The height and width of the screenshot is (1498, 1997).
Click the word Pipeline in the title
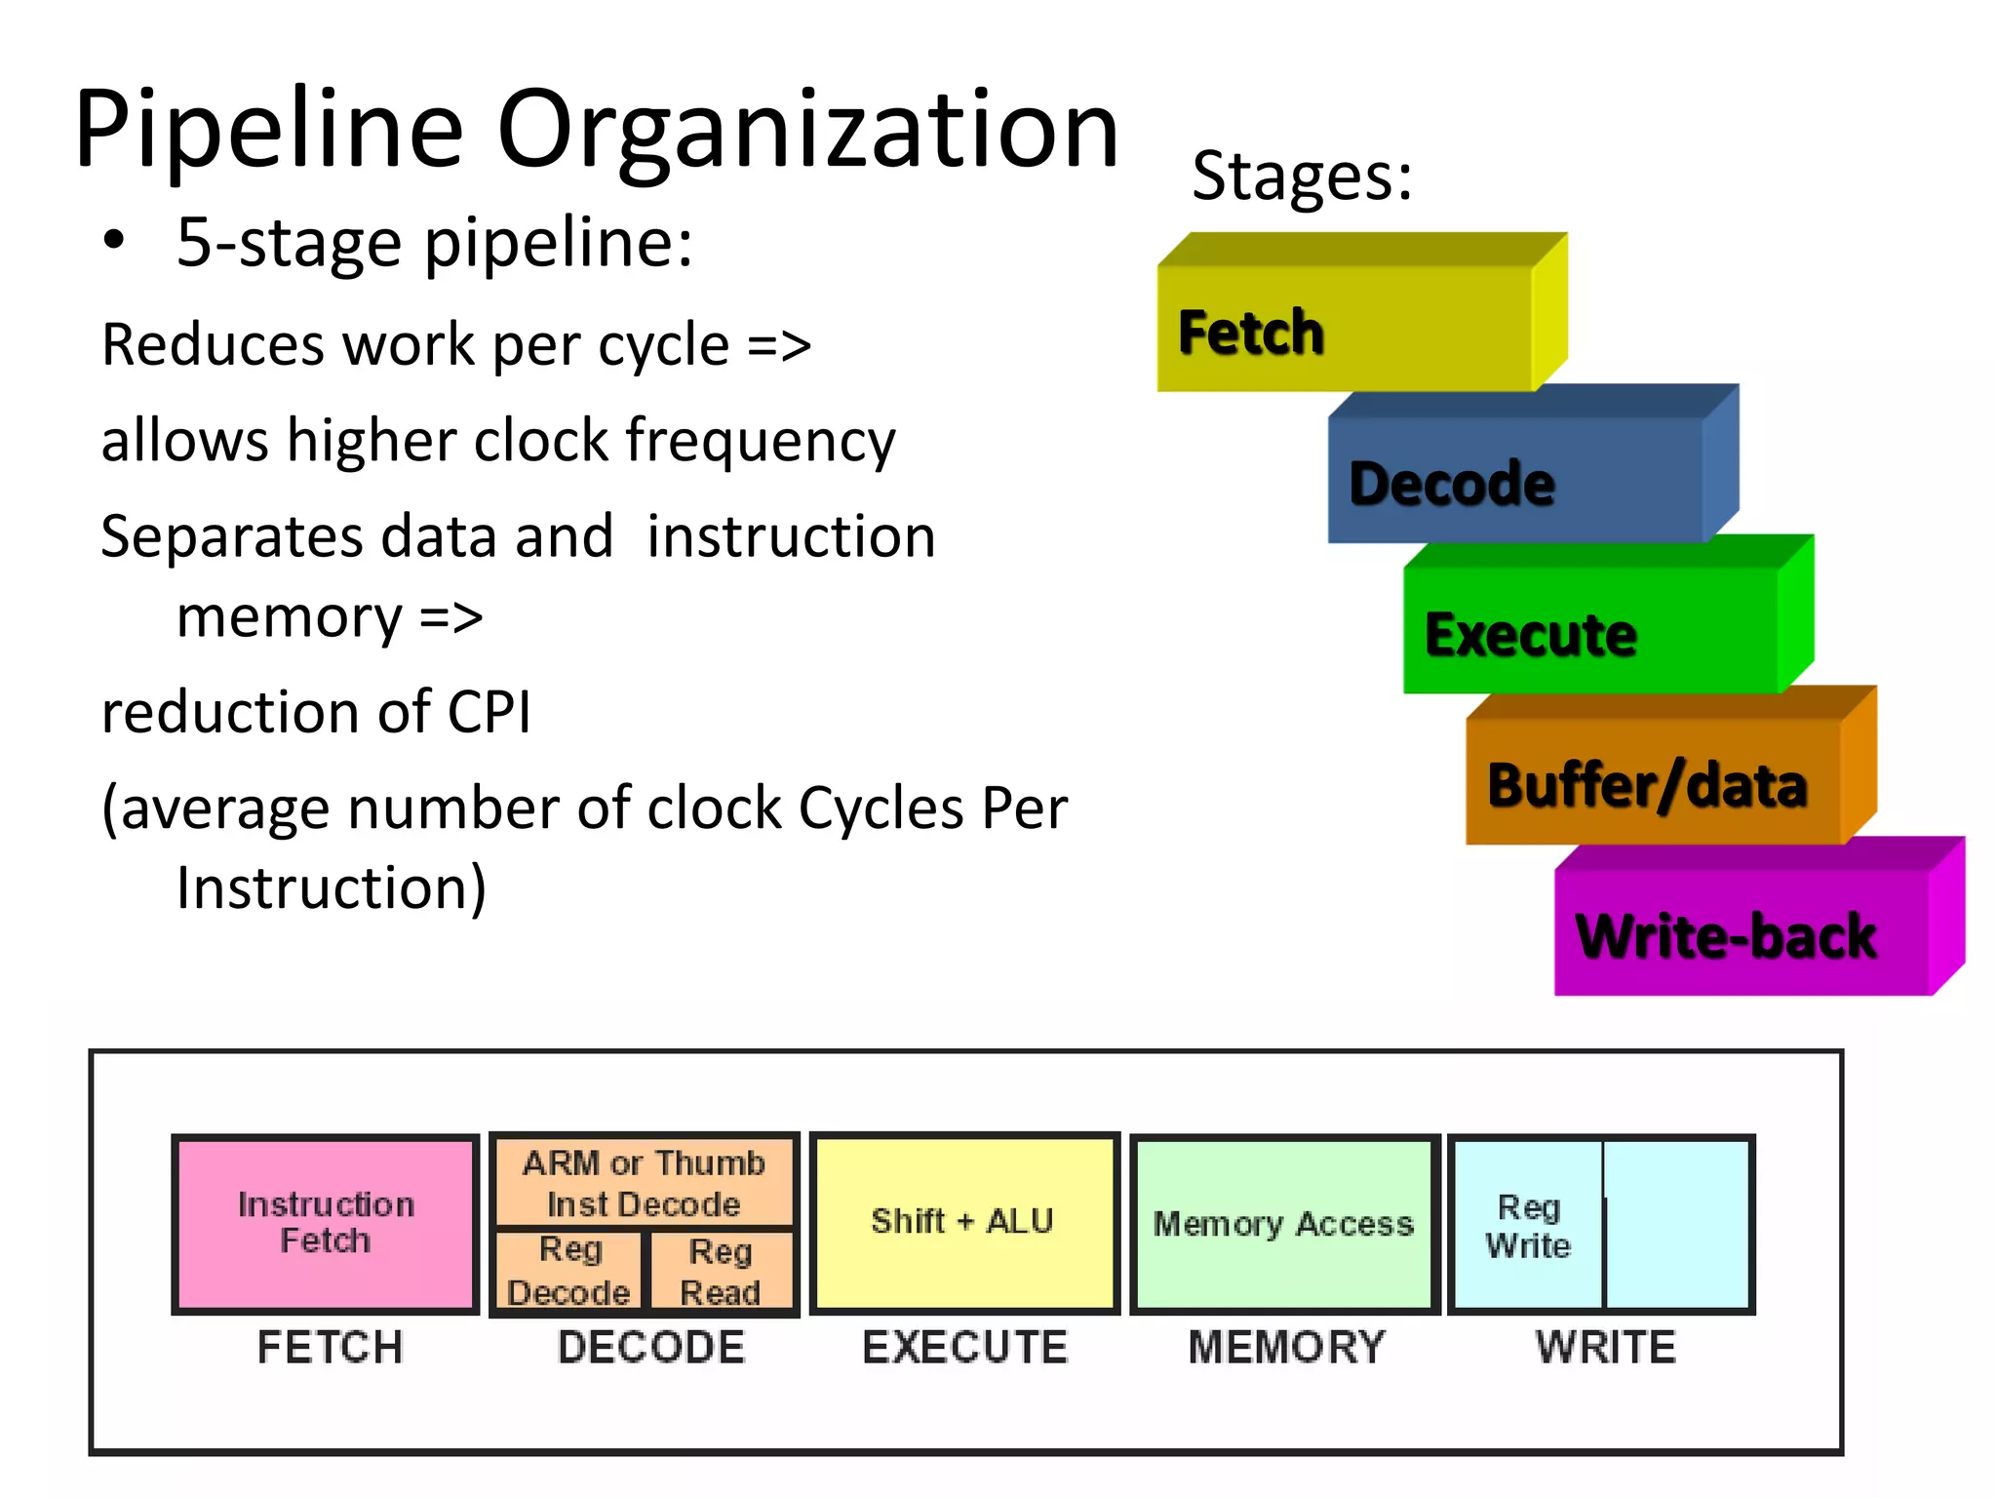pyautogui.click(x=268, y=130)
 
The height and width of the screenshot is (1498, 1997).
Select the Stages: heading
pyautogui.click(x=1302, y=177)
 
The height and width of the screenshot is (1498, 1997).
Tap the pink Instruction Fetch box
pyautogui.click(x=326, y=1223)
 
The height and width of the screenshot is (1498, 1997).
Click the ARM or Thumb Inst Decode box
pyautogui.click(x=644, y=1183)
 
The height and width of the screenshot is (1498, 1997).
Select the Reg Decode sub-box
pyautogui.click(x=568, y=1271)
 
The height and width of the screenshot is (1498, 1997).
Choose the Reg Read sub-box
pyautogui.click(x=721, y=1271)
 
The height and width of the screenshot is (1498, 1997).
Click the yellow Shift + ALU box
pyautogui.click(x=962, y=1221)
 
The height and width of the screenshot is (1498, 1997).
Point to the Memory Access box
pyautogui.click(x=1283, y=1223)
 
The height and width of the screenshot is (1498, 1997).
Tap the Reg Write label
pyautogui.click(x=1528, y=1226)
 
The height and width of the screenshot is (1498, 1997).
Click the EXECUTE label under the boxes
pyautogui.click(x=964, y=1348)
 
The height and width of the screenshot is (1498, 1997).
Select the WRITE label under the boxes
pyautogui.click(x=1605, y=1348)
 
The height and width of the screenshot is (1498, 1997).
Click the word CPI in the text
pyautogui.click(x=489, y=711)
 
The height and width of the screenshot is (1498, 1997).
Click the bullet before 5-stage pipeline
pyautogui.click(x=114, y=241)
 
